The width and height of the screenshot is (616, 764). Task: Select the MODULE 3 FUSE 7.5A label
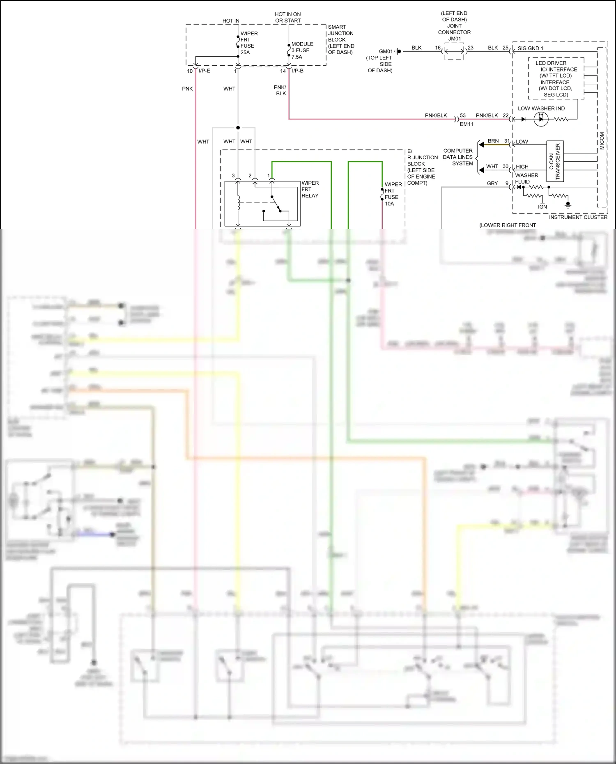point(302,50)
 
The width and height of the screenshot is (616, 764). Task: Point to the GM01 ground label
point(386,51)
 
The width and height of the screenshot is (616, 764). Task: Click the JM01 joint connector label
point(455,39)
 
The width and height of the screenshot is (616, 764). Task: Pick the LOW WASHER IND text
point(541,108)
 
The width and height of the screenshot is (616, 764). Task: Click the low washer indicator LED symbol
point(541,119)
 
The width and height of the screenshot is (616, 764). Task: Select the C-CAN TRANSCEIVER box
point(555,161)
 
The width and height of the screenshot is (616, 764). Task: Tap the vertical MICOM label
point(602,141)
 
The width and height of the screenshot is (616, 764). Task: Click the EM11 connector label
point(467,124)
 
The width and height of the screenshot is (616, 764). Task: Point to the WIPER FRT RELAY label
point(310,189)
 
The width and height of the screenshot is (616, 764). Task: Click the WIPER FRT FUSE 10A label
point(393,194)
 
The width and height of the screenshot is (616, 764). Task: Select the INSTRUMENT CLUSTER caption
point(578,217)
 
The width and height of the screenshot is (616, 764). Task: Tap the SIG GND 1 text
point(530,48)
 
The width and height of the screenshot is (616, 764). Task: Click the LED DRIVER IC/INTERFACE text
point(556,79)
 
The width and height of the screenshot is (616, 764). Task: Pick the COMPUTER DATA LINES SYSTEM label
point(458,157)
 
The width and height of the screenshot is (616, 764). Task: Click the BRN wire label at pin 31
point(493,141)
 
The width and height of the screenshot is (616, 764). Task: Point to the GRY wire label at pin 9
point(492,183)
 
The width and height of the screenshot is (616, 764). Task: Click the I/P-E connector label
point(204,71)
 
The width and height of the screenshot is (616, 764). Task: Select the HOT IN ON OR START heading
point(287,17)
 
